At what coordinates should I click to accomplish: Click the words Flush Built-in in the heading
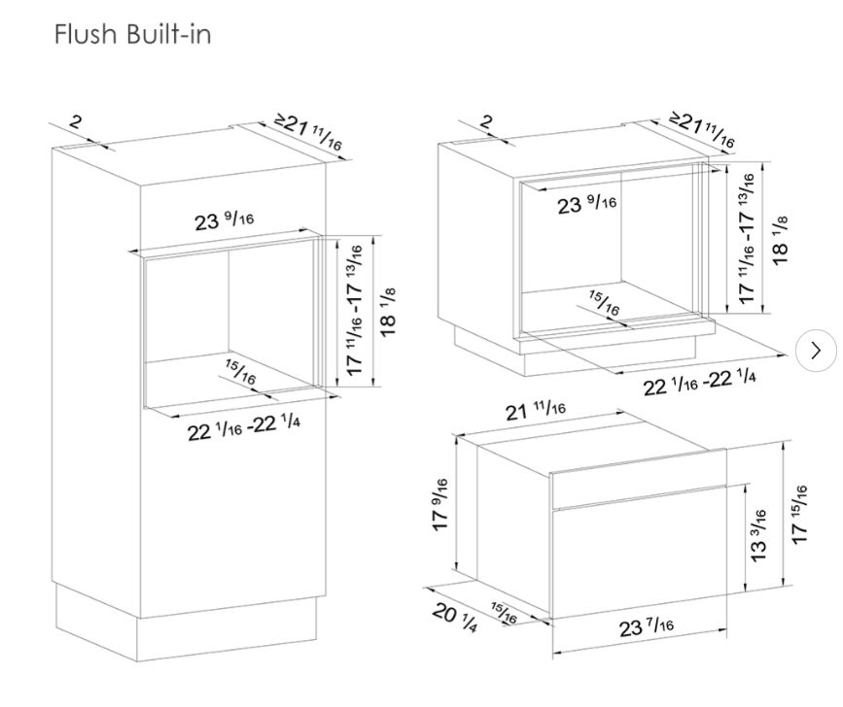tap(133, 34)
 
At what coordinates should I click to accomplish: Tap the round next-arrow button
tap(816, 351)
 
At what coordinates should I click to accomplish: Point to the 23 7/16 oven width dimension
tap(646, 627)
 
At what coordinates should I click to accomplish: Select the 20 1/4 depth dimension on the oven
tap(454, 618)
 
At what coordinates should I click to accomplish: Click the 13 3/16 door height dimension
tap(757, 536)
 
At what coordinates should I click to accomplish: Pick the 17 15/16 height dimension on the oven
tap(799, 515)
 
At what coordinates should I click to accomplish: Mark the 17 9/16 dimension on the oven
tap(439, 505)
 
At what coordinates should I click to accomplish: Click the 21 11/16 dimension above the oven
tap(536, 411)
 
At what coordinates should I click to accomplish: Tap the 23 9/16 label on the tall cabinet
tap(224, 220)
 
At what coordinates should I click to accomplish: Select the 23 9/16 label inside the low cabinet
tap(586, 204)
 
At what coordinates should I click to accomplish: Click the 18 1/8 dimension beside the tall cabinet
tap(388, 313)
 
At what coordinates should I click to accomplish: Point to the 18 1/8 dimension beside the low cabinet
tap(780, 240)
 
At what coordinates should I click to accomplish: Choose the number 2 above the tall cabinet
tap(76, 121)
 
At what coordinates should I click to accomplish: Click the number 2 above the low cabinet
tap(486, 121)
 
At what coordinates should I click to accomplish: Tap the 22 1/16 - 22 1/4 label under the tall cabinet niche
tap(243, 427)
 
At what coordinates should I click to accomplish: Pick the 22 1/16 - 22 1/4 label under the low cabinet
tap(699, 382)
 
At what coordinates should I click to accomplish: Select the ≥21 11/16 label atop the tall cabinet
tap(308, 132)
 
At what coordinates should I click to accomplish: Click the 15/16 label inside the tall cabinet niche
tap(240, 372)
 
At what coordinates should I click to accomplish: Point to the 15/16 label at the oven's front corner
tap(504, 613)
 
